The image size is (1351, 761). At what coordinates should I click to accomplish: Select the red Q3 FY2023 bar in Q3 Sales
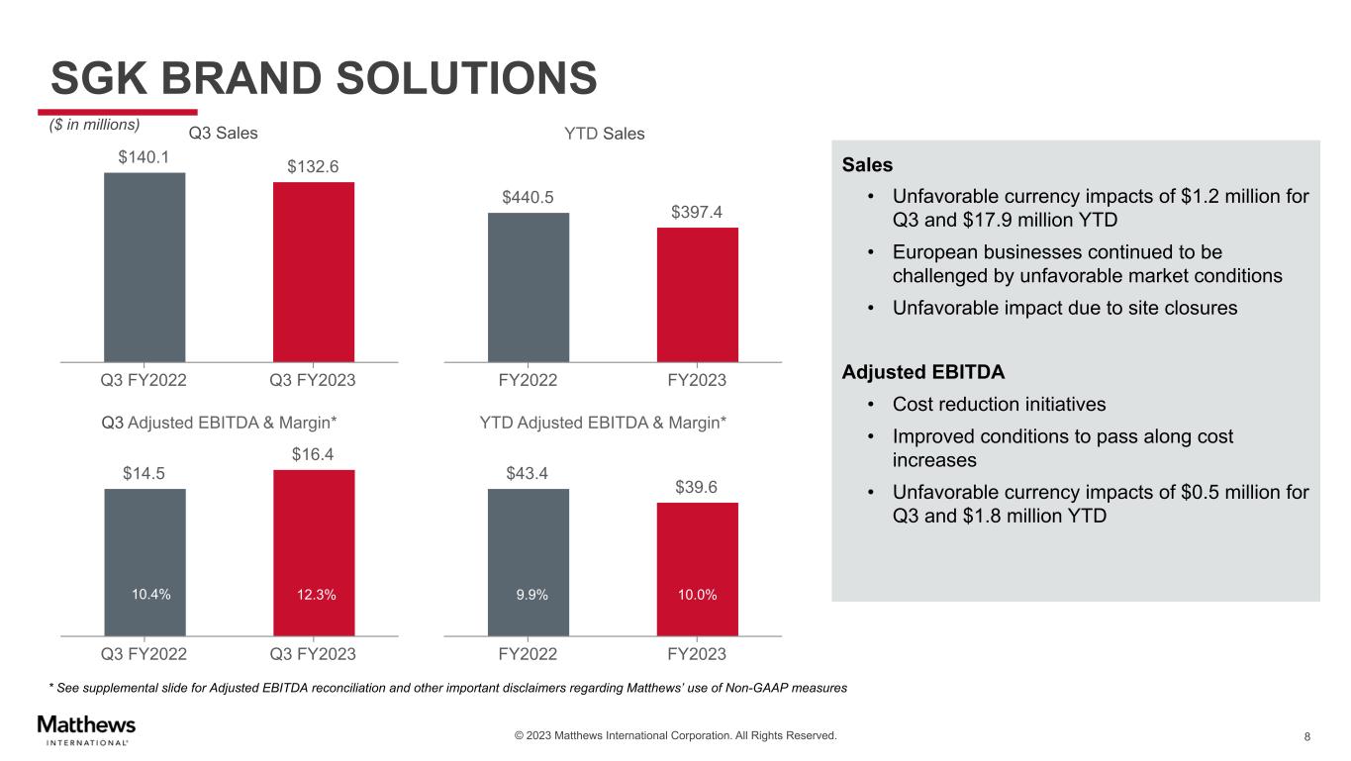point(314,271)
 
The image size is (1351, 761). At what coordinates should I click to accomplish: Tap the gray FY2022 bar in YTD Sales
point(529,287)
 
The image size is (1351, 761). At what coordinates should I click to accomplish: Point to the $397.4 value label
point(698,213)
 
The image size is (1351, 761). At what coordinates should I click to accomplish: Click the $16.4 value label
point(313,454)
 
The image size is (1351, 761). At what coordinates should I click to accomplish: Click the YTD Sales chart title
point(598,133)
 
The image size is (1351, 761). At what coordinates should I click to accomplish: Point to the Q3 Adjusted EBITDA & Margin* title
point(220,423)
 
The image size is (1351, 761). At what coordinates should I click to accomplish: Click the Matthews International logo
point(86,729)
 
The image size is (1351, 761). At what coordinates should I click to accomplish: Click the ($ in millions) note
point(95,125)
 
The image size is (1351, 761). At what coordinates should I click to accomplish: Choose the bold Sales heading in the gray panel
point(867,165)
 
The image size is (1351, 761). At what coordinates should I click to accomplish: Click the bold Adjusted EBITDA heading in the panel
point(922,372)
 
